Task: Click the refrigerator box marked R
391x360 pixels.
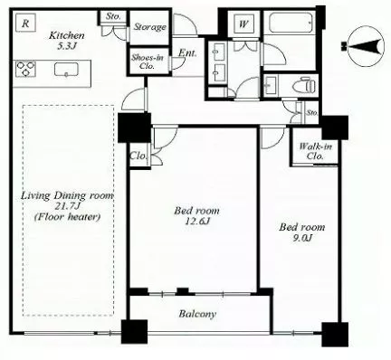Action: pos(25,23)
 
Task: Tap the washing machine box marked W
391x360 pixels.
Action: pos(243,24)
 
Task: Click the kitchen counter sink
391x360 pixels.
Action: pos(66,70)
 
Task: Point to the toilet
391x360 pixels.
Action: pos(304,86)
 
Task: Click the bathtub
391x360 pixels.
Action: pos(291,23)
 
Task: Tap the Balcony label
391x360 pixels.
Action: pos(197,314)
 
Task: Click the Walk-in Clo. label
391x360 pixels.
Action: pos(316,151)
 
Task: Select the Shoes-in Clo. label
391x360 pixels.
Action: pos(148,62)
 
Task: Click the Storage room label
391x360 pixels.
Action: pos(149,27)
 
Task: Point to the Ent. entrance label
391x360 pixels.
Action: pos(187,53)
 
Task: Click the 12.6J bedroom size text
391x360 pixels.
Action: pos(197,222)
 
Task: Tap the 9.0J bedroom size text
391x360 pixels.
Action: pos(302,238)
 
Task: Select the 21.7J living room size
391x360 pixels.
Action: pos(67,206)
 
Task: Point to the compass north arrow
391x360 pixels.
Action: pos(363,46)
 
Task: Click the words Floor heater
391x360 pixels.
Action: pos(67,217)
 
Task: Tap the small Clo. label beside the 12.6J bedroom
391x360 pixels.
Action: pos(138,156)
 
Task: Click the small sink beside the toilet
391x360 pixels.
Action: pos(272,85)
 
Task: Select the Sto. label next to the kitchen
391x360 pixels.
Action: pos(113,16)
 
